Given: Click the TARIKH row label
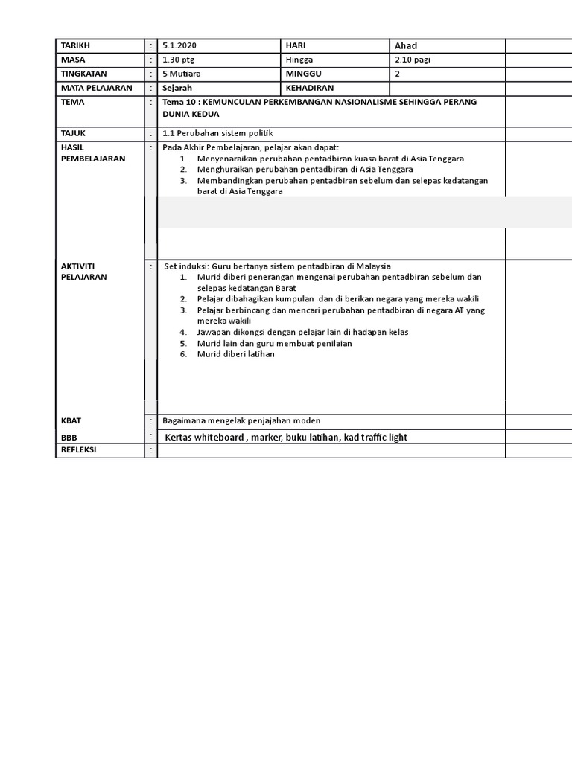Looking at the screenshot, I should [75, 46].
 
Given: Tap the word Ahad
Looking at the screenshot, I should [406, 46].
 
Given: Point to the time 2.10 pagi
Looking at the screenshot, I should [412, 60].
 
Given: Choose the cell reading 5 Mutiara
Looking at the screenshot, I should [182, 74].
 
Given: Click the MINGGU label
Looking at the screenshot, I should [302, 74].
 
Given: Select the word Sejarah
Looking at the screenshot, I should [177, 88].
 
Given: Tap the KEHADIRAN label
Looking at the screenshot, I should [310, 88].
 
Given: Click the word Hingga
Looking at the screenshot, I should [299, 60].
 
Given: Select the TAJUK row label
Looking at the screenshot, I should [74, 133].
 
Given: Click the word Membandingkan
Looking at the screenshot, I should [230, 180].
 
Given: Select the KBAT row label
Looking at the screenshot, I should [71, 421].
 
